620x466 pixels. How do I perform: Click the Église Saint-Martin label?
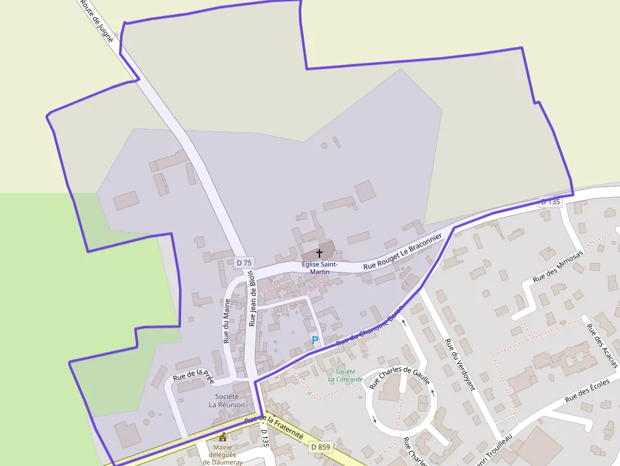[319, 267]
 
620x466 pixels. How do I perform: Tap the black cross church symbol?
[319, 252]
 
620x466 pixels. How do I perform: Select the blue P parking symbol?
[315, 340]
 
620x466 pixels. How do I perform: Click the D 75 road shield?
[244, 262]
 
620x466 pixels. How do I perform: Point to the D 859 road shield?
[321, 447]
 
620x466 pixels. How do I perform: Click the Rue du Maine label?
[226, 321]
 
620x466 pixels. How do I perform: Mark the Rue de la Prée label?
[193, 377]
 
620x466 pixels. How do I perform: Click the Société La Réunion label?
[226, 400]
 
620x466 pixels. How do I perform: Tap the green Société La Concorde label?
[345, 376]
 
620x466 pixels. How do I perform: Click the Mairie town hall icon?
[222, 436]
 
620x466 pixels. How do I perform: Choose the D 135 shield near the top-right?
[550, 202]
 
